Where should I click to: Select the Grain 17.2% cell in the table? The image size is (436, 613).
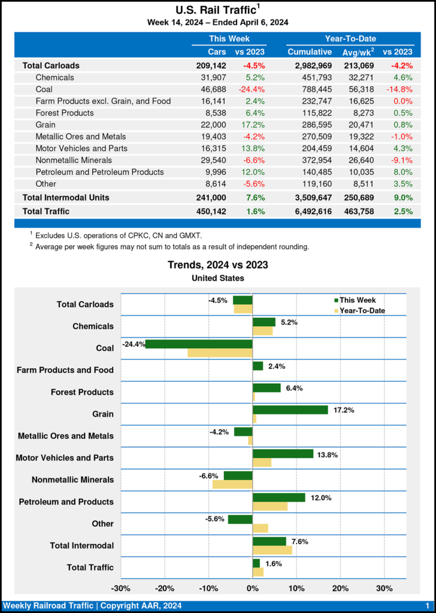[x=253, y=125]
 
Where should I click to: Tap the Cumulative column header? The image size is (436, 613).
[x=309, y=52]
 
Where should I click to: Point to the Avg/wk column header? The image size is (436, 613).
[x=358, y=52]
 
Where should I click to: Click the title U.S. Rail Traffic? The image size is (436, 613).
[x=216, y=10]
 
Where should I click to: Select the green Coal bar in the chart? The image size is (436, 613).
[x=199, y=344]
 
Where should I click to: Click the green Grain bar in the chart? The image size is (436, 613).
[x=290, y=410]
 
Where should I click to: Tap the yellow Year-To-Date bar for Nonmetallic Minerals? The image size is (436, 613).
[x=232, y=484]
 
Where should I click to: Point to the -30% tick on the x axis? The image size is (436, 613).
[x=122, y=588]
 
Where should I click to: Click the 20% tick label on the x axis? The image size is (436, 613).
[x=340, y=588]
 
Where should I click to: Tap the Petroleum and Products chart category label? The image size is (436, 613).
[x=66, y=502]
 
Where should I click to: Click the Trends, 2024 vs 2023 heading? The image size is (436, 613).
[x=217, y=265]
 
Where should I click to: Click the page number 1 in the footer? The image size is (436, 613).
[x=427, y=606]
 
